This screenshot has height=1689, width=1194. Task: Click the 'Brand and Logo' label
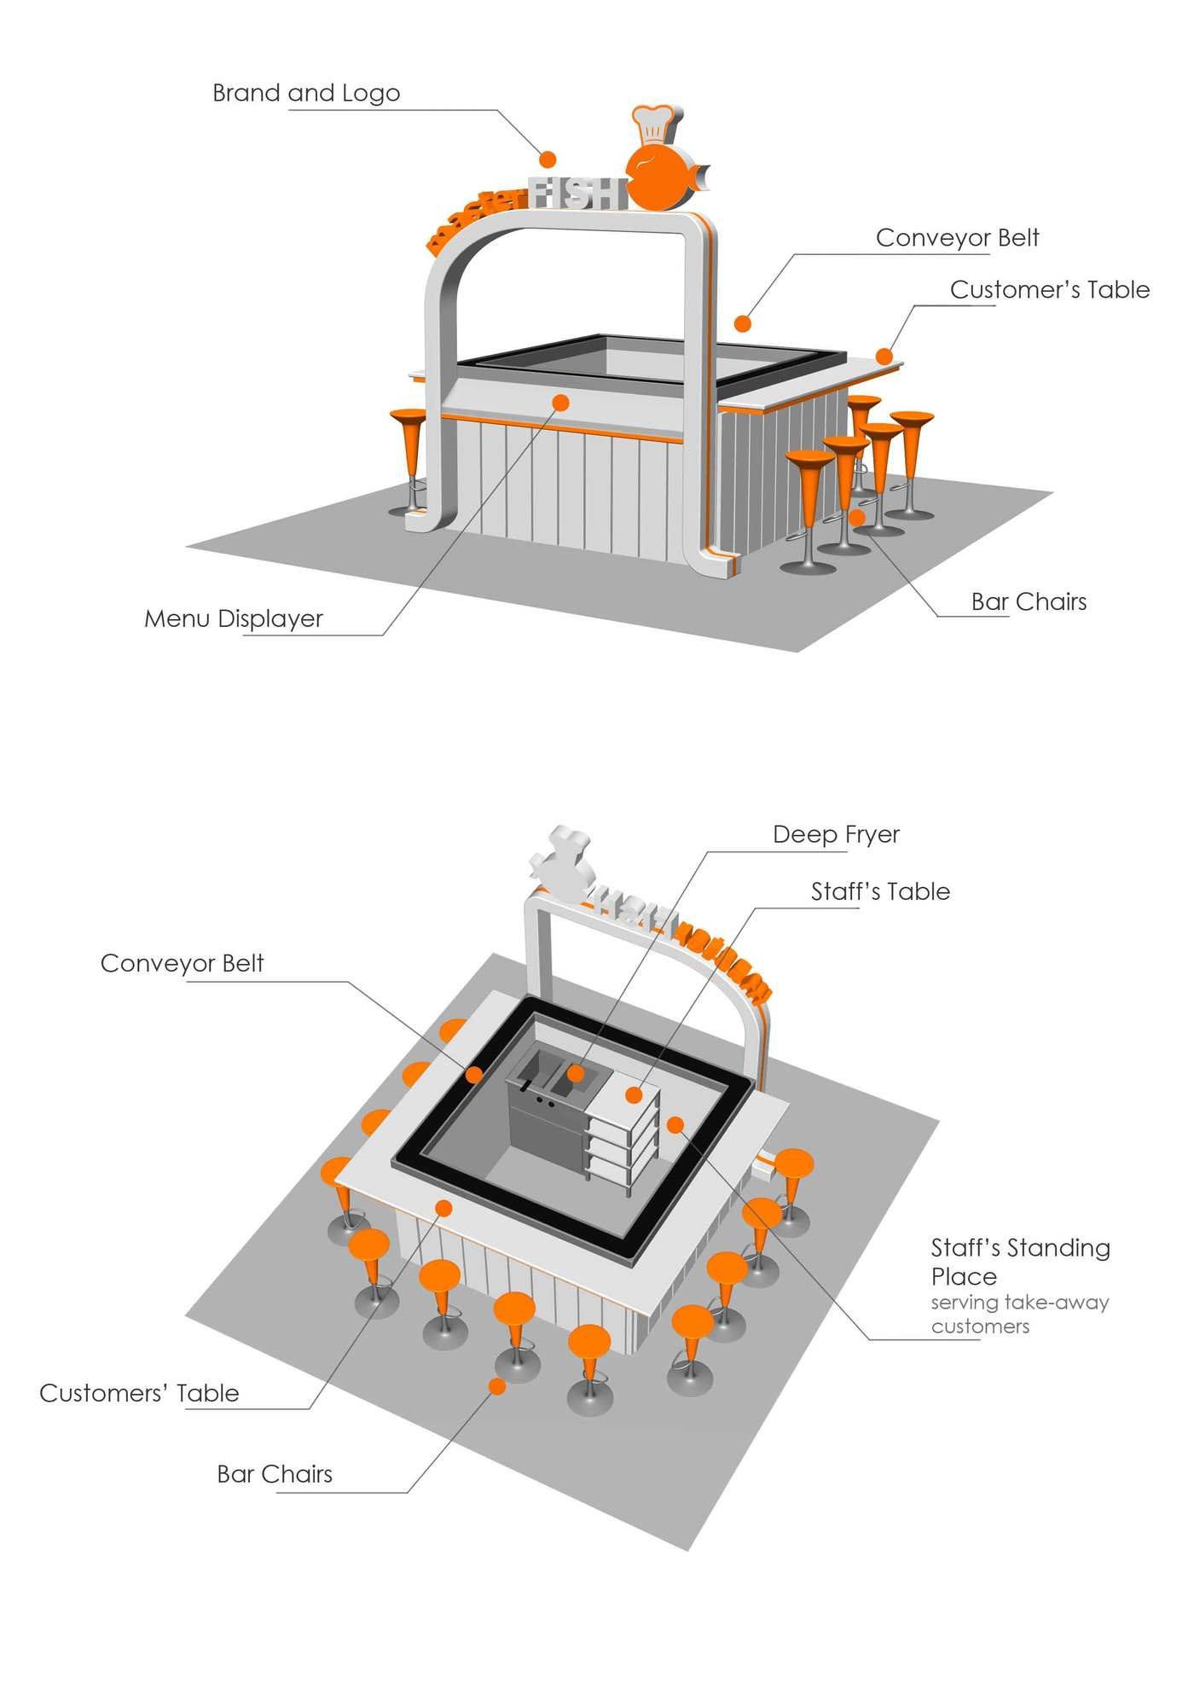[x=305, y=93]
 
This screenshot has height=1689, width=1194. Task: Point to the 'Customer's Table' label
[x=1049, y=290]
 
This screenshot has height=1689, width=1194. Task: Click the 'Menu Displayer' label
[x=233, y=618]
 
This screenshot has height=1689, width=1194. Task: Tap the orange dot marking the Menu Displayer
[x=560, y=402]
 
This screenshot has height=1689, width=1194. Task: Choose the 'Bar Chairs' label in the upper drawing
[x=1029, y=602]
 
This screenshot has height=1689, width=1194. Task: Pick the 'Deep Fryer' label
[x=836, y=834]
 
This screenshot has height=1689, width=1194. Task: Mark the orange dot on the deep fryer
[x=576, y=1073]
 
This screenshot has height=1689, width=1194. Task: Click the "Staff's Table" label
[x=880, y=891]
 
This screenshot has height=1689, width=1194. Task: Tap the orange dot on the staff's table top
[x=634, y=1094]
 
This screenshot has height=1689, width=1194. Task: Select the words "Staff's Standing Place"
[x=1019, y=1262]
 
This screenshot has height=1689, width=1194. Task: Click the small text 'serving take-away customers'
[x=1019, y=1315]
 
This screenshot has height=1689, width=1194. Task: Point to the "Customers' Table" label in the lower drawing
[x=139, y=1394]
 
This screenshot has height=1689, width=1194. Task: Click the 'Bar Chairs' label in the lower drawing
[x=275, y=1474]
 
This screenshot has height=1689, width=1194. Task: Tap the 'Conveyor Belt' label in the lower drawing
[x=182, y=963]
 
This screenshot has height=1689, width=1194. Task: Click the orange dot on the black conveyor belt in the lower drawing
[x=473, y=1075]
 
